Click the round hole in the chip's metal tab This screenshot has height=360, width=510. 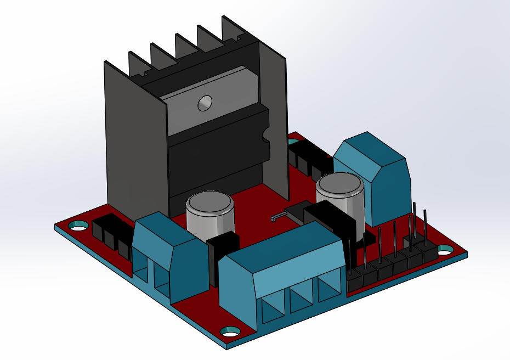tap(205, 102)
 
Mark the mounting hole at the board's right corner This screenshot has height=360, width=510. tap(445, 250)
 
